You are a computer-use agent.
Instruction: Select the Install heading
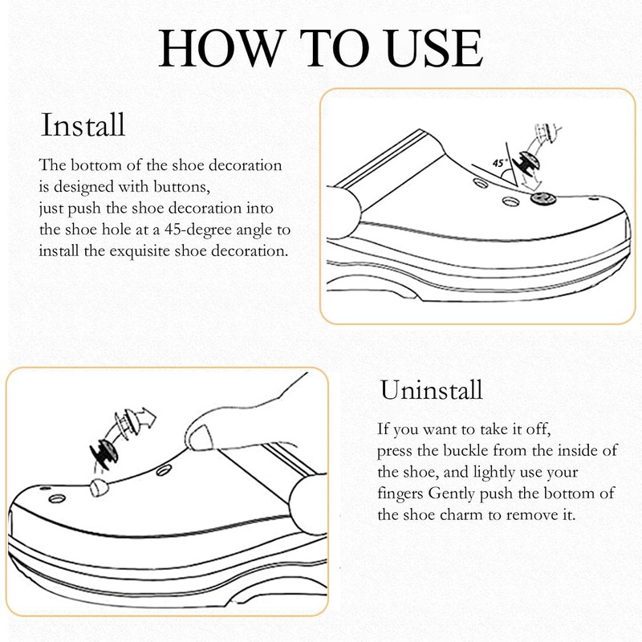83,125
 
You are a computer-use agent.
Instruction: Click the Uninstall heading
431,389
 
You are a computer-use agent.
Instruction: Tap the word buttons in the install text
182,187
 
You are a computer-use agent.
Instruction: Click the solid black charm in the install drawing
530,164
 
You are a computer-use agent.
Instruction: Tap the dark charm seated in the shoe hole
543,198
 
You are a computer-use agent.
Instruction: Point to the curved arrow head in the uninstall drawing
147,417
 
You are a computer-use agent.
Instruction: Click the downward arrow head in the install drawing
531,185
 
